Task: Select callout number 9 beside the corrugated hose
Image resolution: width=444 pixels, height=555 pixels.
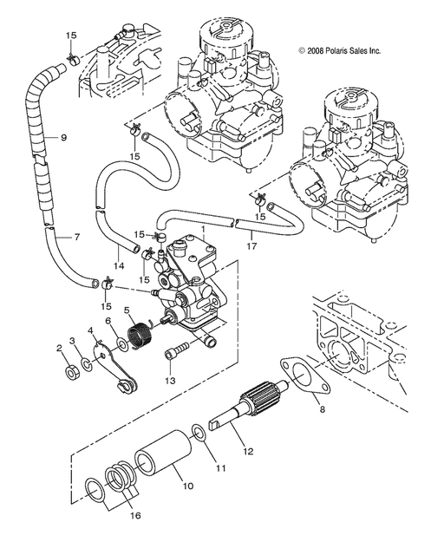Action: tap(63, 137)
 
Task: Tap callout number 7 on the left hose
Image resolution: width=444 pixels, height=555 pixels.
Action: tap(76, 238)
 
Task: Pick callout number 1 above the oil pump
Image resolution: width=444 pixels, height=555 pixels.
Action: tap(202, 231)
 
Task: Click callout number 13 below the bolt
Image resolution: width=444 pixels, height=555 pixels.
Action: tap(171, 380)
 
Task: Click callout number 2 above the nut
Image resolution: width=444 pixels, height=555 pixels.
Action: tap(59, 348)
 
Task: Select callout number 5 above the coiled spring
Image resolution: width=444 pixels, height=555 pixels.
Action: tap(127, 310)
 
